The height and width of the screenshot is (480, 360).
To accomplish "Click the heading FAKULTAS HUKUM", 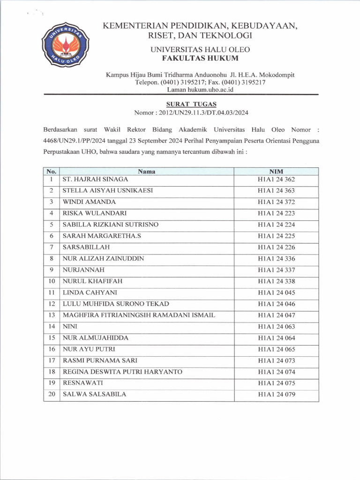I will (200, 58).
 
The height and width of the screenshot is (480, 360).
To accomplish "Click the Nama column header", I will (147, 172).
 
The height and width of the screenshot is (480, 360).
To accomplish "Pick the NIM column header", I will (276, 172).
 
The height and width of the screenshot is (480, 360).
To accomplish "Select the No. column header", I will (52, 172).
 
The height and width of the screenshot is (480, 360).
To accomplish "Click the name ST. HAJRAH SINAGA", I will (95, 179).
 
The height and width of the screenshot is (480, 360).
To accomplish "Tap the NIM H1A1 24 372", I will (276, 202).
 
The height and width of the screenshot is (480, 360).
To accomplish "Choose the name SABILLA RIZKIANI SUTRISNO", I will (111, 225).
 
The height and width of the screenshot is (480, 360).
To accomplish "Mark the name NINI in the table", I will (70, 327).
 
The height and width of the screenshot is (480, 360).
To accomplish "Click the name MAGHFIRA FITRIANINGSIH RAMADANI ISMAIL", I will (139, 315).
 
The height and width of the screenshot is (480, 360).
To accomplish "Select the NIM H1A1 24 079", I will (276, 395).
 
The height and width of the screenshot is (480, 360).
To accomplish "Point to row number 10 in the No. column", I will (52, 281).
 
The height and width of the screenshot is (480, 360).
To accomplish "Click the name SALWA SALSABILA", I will (94, 394).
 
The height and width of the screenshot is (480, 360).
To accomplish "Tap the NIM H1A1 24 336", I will (276, 259).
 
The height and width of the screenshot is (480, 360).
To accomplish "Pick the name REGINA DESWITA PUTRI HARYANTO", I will (122, 372).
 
